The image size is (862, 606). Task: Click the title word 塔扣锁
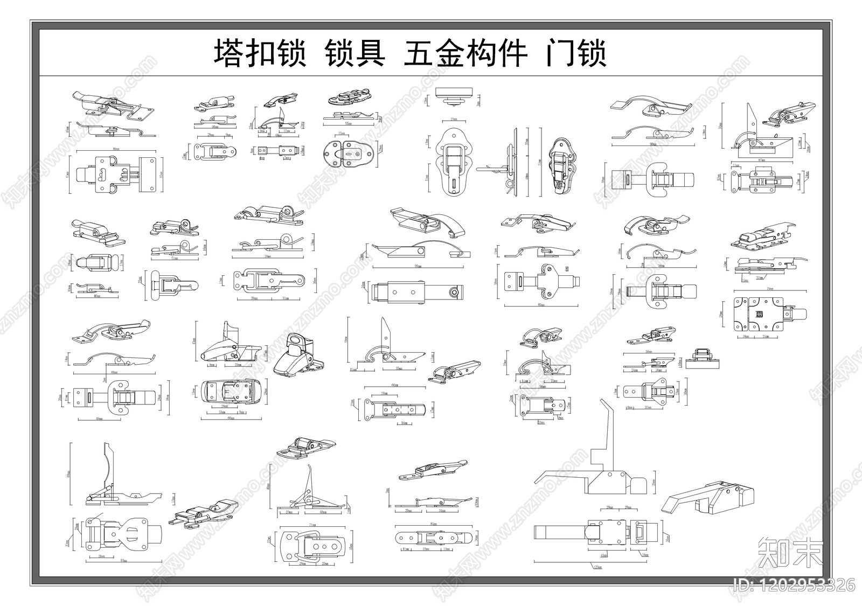pos(260,54)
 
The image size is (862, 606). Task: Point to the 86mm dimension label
pos(115,148)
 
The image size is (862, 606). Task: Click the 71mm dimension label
pos(312,524)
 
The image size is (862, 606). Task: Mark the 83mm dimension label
pos(123,561)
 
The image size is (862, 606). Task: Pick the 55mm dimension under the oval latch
pos(350,123)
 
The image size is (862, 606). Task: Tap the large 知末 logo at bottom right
pos(790,551)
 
